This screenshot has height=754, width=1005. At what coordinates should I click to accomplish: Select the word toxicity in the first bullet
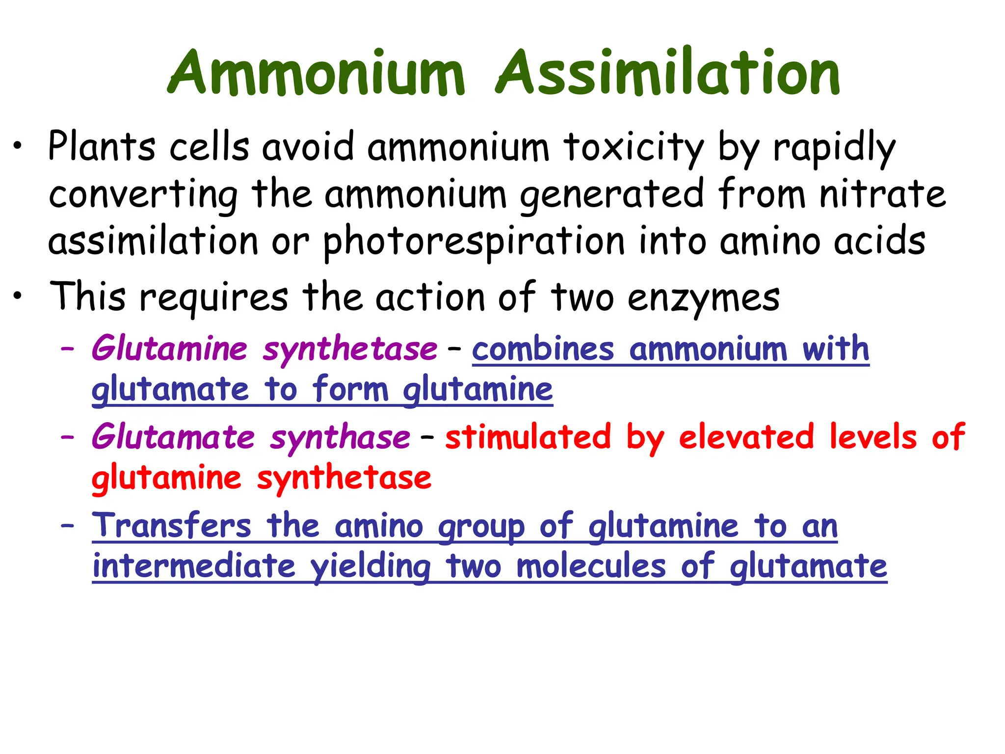[634, 148]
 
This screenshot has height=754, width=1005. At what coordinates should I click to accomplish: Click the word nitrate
[882, 194]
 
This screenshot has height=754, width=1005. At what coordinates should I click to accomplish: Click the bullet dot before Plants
[18, 146]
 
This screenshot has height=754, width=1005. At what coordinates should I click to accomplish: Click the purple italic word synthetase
[350, 350]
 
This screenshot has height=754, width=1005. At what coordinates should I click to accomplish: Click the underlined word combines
[543, 349]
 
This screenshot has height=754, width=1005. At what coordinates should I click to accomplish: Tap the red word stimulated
[528, 437]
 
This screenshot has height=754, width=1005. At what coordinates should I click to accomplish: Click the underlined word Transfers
[172, 526]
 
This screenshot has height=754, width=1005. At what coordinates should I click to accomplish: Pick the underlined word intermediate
[194, 566]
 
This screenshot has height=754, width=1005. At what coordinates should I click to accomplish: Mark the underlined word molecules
[591, 566]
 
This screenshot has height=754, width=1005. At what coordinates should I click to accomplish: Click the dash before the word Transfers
[67, 526]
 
